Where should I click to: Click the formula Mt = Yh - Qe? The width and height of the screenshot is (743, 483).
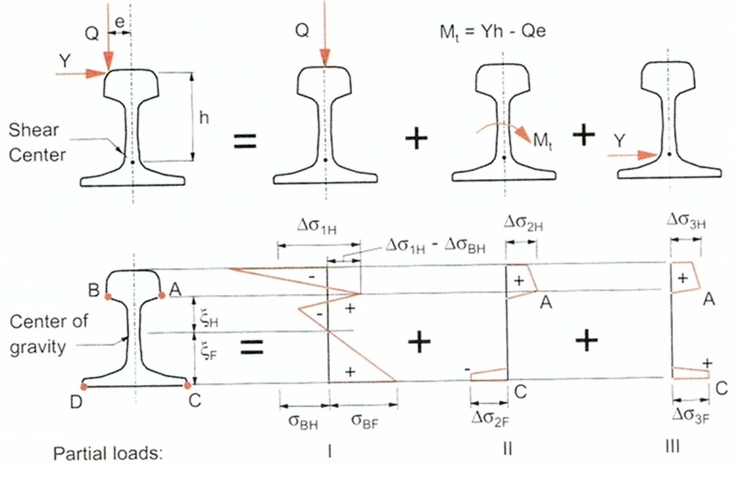(x=492, y=32)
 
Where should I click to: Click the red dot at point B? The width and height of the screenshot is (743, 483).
(x=108, y=296)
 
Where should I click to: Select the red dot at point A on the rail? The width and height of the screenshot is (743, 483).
(x=162, y=295)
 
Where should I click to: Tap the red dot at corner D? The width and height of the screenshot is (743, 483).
(x=84, y=386)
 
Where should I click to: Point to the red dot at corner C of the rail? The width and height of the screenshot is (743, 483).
(x=188, y=385)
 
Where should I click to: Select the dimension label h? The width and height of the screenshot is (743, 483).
(x=204, y=118)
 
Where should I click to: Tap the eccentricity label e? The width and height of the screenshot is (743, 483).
(x=120, y=22)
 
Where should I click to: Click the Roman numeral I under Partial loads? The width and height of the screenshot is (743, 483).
(x=329, y=451)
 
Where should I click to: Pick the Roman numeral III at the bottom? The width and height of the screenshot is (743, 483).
(x=672, y=447)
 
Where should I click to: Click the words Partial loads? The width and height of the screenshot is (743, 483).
(x=108, y=453)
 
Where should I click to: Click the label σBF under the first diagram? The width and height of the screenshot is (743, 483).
(x=365, y=421)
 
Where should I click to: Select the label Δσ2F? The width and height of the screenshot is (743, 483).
(x=490, y=418)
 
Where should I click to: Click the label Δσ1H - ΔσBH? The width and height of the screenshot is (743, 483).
(x=436, y=246)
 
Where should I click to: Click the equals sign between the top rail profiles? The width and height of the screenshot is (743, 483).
(x=245, y=141)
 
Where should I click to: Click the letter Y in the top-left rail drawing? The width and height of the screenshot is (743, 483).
(x=65, y=61)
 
